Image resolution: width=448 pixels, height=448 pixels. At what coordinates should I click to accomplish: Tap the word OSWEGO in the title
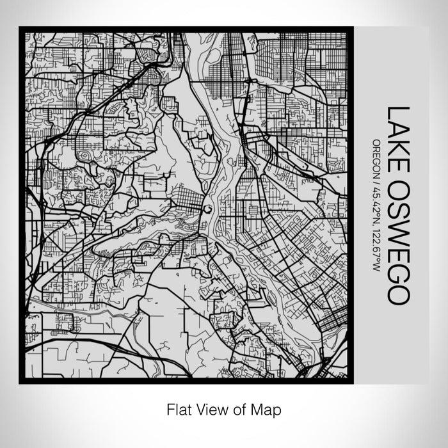pyautogui.click(x=396, y=236)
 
